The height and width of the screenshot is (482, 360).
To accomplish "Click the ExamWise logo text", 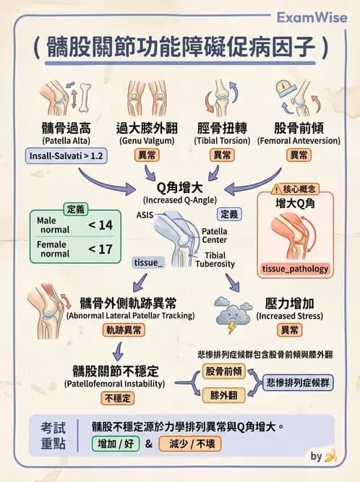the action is pyautogui.click(x=312, y=17).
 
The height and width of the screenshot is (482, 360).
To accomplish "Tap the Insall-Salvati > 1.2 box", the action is pyautogui.click(x=66, y=156).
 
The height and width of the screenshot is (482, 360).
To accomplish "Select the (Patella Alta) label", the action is pyautogui.click(x=66, y=141).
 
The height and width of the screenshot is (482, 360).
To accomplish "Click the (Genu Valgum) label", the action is pyautogui.click(x=147, y=141).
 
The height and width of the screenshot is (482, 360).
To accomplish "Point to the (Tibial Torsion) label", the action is pyautogui.click(x=222, y=141).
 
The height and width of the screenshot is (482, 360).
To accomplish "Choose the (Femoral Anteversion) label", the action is pyautogui.click(x=299, y=141).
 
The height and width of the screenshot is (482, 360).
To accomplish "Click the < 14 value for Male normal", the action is pyautogui.click(x=100, y=225).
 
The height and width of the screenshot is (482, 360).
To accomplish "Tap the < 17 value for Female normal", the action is pyautogui.click(x=100, y=249).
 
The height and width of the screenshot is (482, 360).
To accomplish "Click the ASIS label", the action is pyautogui.click(x=145, y=215).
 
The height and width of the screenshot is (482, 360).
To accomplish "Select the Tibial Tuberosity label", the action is pyautogui.click(x=215, y=259).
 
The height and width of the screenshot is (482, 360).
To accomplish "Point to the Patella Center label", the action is pyautogui.click(x=214, y=236).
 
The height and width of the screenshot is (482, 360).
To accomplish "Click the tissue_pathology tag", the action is pyautogui.click(x=295, y=269).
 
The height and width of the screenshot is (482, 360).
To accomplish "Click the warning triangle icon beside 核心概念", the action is pyautogui.click(x=276, y=189).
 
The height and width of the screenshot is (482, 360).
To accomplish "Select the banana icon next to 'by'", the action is pyautogui.click(x=330, y=456).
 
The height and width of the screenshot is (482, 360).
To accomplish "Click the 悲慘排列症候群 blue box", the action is pyautogui.click(x=298, y=383).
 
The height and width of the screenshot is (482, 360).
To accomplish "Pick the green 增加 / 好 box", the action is pyautogui.click(x=116, y=444).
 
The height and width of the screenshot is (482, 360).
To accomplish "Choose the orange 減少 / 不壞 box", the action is pyautogui.click(x=190, y=444).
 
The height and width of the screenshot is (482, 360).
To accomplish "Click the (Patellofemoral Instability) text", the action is pyautogui.click(x=115, y=384).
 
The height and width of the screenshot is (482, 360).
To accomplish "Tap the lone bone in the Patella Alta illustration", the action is pyautogui.click(x=85, y=98).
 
